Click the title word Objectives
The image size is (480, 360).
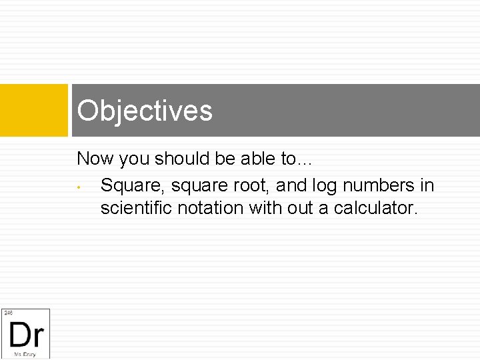pos(145,111)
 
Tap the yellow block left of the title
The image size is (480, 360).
pos(33,110)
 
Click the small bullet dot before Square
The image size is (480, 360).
pos(79,186)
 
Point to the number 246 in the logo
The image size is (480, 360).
pos(8,312)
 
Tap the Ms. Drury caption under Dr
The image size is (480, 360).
pos(25,354)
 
